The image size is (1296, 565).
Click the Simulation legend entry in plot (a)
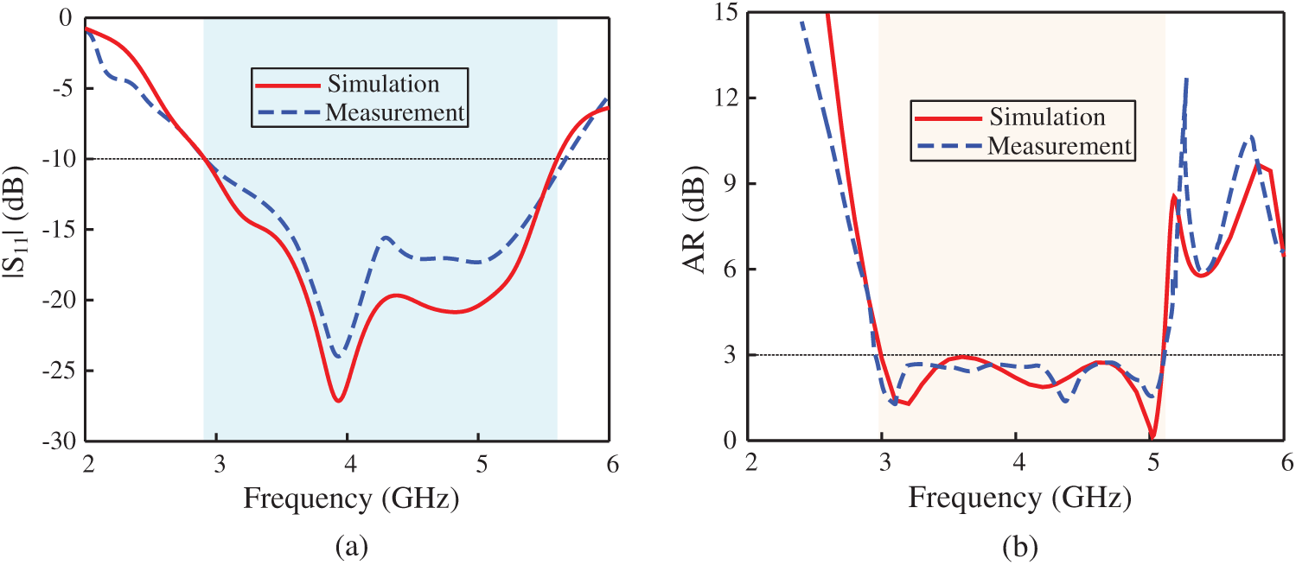coord(382,85)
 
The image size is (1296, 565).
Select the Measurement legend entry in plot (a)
coord(394,112)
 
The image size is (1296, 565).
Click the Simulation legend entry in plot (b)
coord(1048,117)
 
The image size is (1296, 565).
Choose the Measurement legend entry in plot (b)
coord(1059,146)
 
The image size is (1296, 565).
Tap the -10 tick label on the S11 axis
coord(60,160)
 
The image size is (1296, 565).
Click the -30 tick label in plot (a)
coord(60,441)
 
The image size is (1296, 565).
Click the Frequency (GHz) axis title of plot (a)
coord(349,498)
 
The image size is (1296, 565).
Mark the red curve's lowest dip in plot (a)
coord(339,401)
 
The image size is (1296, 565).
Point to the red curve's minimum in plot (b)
coord(1152,436)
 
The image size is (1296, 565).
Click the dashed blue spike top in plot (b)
coord(1186,79)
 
